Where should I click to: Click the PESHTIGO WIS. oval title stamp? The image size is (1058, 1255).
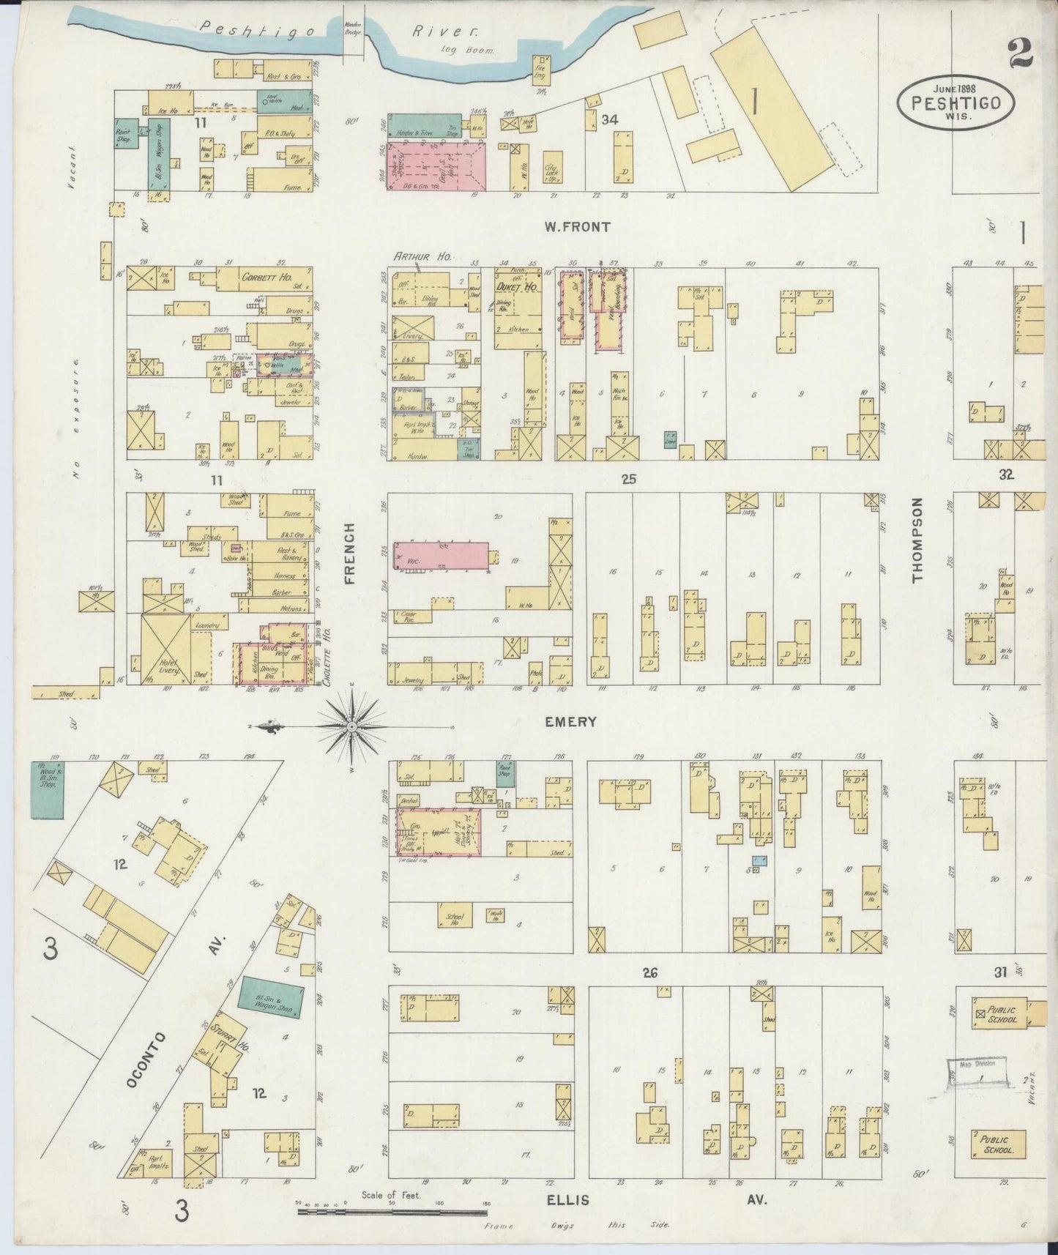point(956,103)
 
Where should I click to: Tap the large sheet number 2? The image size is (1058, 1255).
point(1020,53)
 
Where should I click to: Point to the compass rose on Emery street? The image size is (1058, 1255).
point(351,726)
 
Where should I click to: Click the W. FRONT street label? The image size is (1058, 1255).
point(576,227)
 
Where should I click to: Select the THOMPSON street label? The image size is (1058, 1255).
point(917,540)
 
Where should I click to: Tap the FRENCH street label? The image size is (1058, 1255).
point(349,553)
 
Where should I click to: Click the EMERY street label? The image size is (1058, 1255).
point(570,722)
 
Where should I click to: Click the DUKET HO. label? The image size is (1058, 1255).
point(521,288)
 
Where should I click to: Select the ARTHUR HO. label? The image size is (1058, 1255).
point(422,256)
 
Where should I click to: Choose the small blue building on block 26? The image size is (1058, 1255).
point(761,861)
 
